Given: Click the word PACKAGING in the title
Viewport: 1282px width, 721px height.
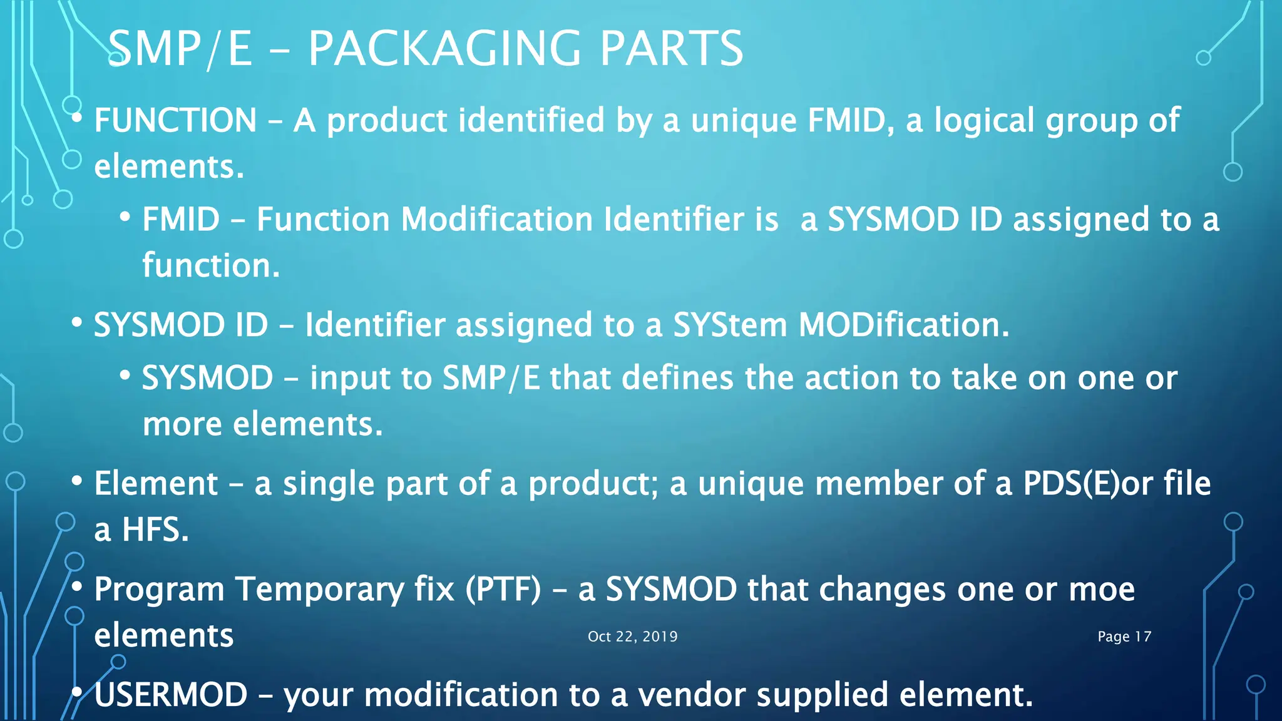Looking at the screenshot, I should click(x=444, y=49).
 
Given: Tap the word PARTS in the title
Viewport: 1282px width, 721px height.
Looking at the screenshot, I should click(x=672, y=49).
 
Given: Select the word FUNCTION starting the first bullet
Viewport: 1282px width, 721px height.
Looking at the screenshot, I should click(x=175, y=120).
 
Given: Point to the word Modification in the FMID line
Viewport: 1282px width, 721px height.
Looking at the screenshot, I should click(x=496, y=220).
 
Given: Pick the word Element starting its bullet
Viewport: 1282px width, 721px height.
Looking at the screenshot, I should click(x=156, y=484).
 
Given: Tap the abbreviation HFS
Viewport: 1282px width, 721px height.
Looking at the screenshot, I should click(x=155, y=530).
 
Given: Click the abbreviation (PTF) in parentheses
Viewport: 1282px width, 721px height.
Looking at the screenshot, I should click(x=503, y=590).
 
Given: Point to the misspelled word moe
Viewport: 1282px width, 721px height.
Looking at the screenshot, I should click(x=1102, y=590).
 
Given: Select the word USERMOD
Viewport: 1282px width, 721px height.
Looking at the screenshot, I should click(x=171, y=695).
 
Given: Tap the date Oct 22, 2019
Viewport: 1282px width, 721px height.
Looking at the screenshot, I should click(x=632, y=637).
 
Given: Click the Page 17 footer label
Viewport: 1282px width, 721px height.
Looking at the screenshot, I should click(x=1124, y=637).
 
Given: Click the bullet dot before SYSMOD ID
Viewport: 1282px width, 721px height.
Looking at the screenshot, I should click(x=77, y=323).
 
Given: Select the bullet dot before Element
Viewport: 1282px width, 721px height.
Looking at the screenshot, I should click(x=77, y=481).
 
